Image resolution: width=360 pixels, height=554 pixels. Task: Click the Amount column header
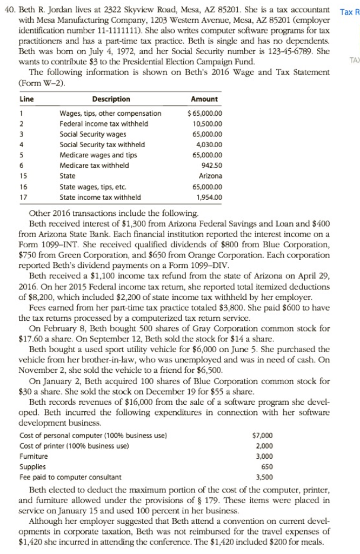point(204,99)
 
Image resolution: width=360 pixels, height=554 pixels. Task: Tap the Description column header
point(111,99)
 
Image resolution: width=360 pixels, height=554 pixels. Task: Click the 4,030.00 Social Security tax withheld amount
point(205,144)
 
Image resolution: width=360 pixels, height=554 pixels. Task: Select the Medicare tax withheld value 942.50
point(209,166)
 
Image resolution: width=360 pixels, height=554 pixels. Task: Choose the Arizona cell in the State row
point(208,176)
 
